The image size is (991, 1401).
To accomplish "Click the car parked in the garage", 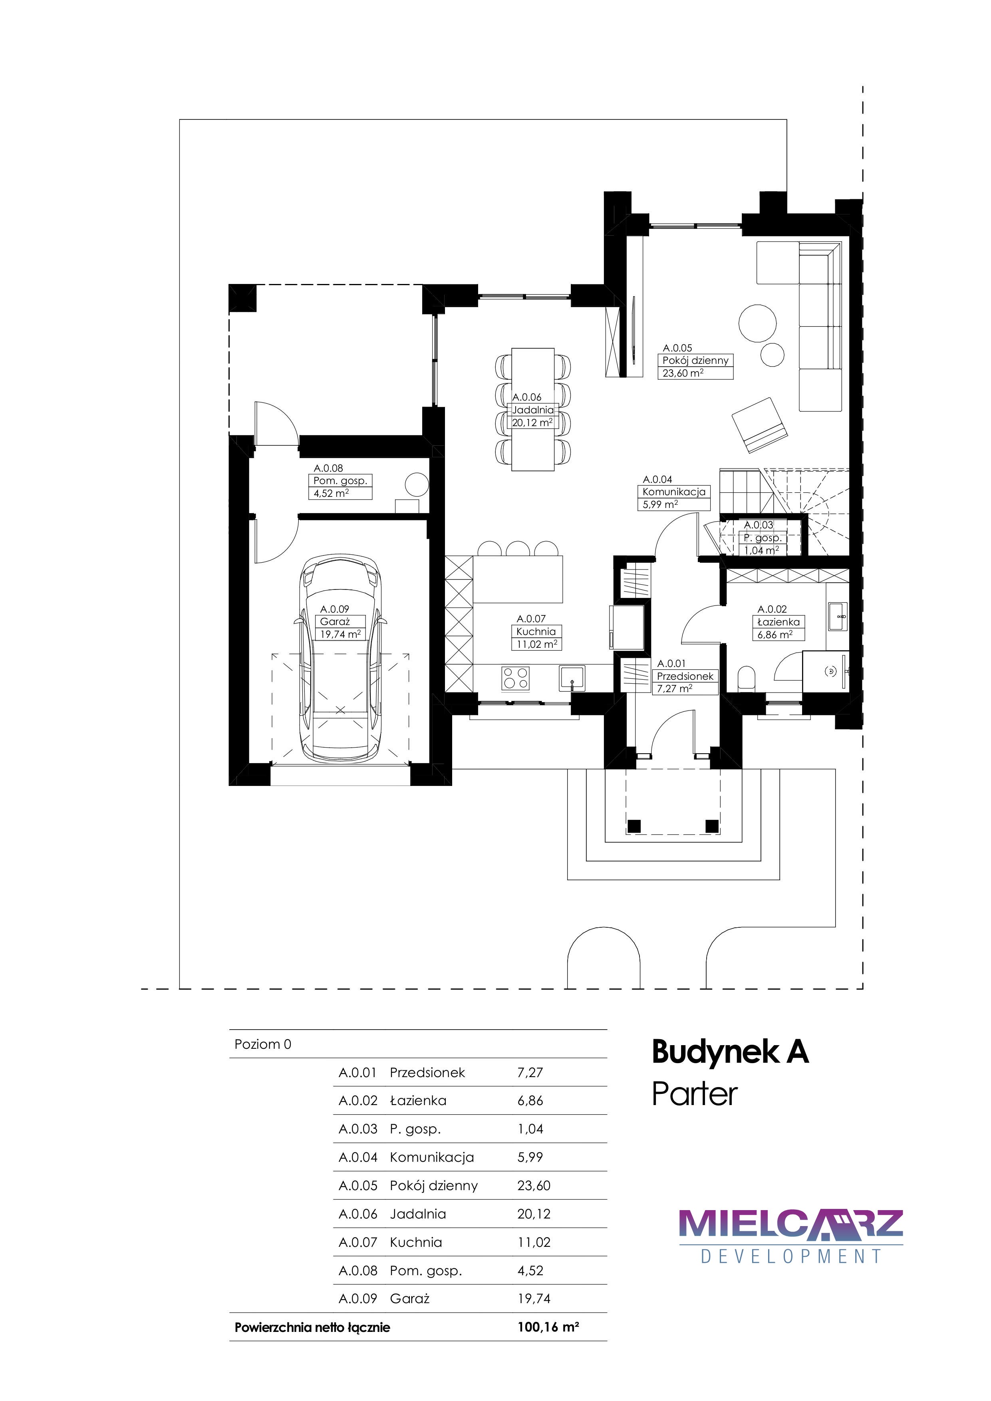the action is (x=340, y=658).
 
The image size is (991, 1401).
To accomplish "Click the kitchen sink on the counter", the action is (x=572, y=678).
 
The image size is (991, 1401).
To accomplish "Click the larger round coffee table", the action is (x=757, y=323).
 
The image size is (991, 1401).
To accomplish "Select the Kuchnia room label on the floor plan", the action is (x=536, y=631).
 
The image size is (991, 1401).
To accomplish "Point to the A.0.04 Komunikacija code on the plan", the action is (x=657, y=480).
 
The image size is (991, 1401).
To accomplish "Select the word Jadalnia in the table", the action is (x=418, y=1214).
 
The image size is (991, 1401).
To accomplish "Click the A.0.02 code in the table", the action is (x=358, y=1100).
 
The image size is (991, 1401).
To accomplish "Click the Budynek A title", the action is (x=731, y=1052).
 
